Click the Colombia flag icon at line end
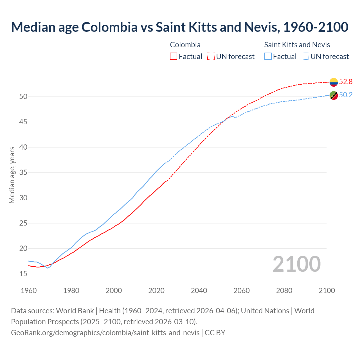pyautogui.click(x=334, y=82)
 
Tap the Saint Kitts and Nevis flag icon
pyautogui.click(x=334, y=95)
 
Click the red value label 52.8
pyautogui.click(x=346, y=82)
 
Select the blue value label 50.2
pyautogui.click(x=346, y=95)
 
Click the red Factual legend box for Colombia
pyautogui.click(x=174, y=57)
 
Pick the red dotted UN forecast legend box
pyautogui.click(x=211, y=57)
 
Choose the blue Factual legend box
pyautogui.click(x=268, y=57)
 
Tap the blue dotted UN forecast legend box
pyautogui.click(x=305, y=57)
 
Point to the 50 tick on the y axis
pyautogui.click(x=23, y=97)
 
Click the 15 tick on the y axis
pyautogui.click(x=23, y=274)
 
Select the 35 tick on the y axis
pyautogui.click(x=23, y=173)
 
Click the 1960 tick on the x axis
pyautogui.click(x=29, y=291)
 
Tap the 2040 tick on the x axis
pyautogui.click(x=199, y=291)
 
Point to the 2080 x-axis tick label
pyautogui.click(x=284, y=291)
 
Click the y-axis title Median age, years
pyautogui.click(x=12, y=175)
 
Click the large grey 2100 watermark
pyautogui.click(x=296, y=264)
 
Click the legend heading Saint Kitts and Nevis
pyautogui.click(x=297, y=45)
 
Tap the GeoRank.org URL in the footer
pyautogui.click(x=105, y=333)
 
